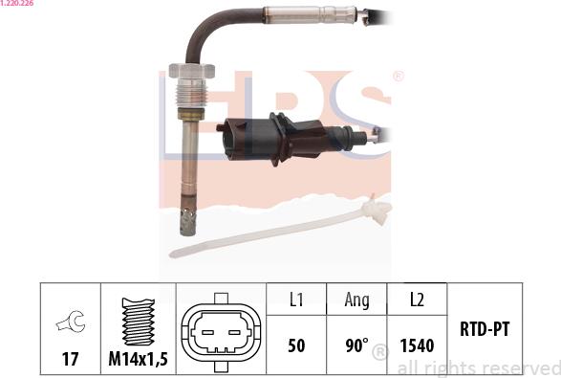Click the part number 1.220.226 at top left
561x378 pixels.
[16, 3]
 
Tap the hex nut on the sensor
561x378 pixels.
[192, 70]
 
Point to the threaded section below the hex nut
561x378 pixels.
[192, 93]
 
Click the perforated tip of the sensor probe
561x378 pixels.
[188, 222]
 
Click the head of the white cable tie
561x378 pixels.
[376, 211]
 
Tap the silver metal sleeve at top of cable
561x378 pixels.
[311, 14]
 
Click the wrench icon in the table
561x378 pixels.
[71, 322]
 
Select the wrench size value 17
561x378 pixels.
[70, 359]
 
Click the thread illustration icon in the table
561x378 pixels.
[139, 322]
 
